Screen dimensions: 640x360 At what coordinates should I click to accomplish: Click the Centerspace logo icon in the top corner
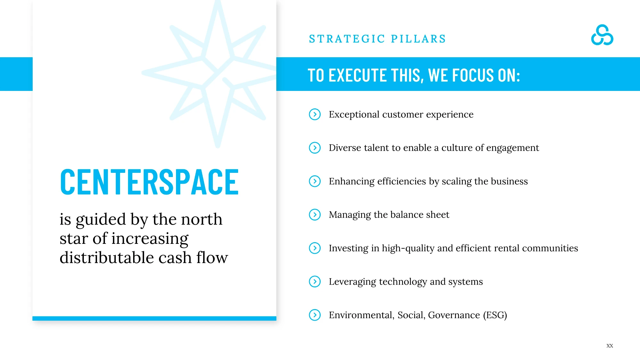pos(602,35)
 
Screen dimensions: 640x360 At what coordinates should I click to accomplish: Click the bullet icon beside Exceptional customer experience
pos(315,114)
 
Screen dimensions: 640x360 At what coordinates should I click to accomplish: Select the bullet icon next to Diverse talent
pos(315,148)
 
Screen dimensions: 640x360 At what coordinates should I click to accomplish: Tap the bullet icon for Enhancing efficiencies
pos(315,181)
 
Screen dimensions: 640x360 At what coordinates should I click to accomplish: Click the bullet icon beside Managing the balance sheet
pos(315,214)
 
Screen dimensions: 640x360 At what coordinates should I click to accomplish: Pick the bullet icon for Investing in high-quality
pos(315,248)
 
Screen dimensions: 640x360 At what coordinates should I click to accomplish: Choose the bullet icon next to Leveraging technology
pos(315,281)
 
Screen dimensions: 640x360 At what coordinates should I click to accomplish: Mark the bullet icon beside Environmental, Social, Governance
pos(315,315)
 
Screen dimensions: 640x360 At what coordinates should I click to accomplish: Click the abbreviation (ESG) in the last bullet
pos(495,315)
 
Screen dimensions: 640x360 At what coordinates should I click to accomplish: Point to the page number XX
pos(610,346)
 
